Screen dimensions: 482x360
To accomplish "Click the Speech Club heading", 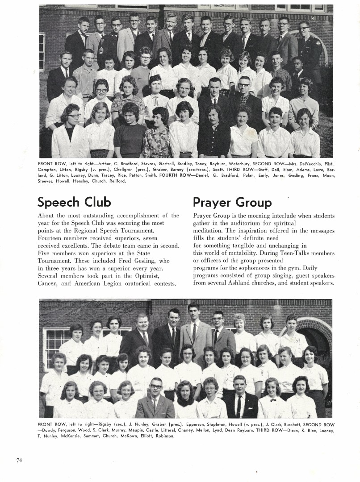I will click(x=74, y=202).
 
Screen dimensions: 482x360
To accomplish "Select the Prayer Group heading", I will click(x=232, y=202).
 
